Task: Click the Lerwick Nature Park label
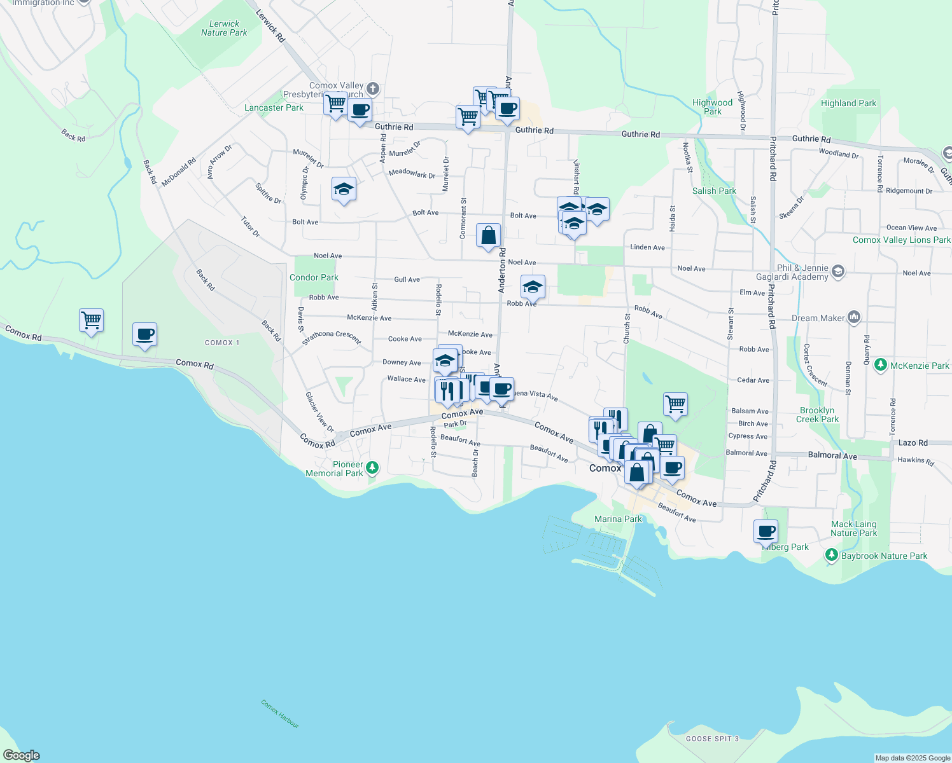pyautogui.click(x=224, y=29)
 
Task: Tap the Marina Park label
pyautogui.click(x=618, y=519)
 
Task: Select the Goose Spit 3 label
pyautogui.click(x=712, y=739)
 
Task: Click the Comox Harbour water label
pyautogui.click(x=279, y=714)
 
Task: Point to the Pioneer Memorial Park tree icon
pyautogui.click(x=372, y=469)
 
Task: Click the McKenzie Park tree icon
pyautogui.click(x=881, y=365)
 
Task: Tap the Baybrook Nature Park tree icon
pyautogui.click(x=831, y=555)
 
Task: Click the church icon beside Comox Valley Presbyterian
pyautogui.click(x=373, y=89)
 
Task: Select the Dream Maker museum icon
pyautogui.click(x=854, y=317)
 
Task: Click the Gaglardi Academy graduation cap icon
pyautogui.click(x=838, y=272)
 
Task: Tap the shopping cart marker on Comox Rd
pyautogui.click(x=92, y=320)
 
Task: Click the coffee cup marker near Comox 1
pyautogui.click(x=145, y=334)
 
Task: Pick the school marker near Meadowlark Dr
pyautogui.click(x=344, y=189)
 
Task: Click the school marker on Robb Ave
pyautogui.click(x=533, y=287)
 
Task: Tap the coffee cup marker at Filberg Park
pyautogui.click(x=766, y=531)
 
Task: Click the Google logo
pyautogui.click(x=22, y=755)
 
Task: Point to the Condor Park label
pyautogui.click(x=314, y=277)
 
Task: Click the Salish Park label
pyautogui.click(x=714, y=191)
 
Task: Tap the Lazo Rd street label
pyautogui.click(x=913, y=443)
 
